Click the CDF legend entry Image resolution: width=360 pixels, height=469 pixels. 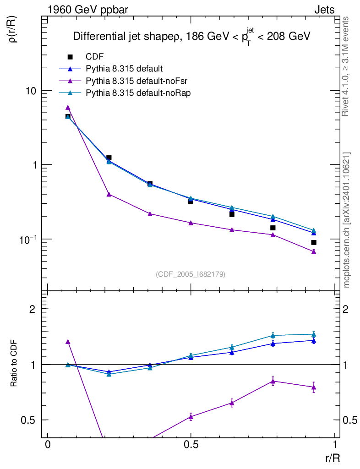click(x=94, y=57)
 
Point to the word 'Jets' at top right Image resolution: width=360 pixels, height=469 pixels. click(x=324, y=10)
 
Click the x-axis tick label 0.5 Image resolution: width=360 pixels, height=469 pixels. click(x=191, y=445)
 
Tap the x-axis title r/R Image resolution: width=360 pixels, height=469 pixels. click(x=332, y=458)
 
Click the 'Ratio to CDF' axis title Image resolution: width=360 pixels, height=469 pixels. click(x=14, y=364)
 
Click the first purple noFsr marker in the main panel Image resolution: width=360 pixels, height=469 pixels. click(x=68, y=108)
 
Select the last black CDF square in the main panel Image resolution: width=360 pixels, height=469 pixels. click(x=314, y=242)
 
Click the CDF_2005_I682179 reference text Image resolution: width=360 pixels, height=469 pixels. click(x=191, y=274)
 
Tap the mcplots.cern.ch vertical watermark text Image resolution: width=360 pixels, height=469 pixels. click(x=347, y=220)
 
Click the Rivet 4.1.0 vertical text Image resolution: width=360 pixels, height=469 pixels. click(x=347, y=66)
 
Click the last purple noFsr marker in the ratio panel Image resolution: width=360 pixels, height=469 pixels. click(x=314, y=387)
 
